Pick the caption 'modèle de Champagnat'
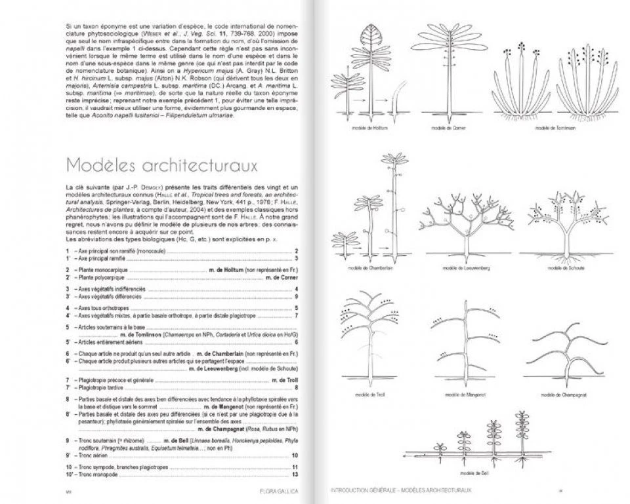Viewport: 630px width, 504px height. pyautogui.click(x=560, y=395)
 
